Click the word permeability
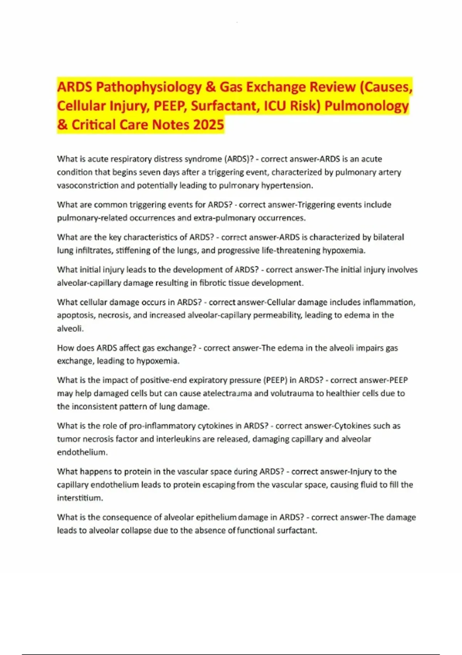[x=280, y=315]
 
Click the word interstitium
[x=80, y=498]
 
